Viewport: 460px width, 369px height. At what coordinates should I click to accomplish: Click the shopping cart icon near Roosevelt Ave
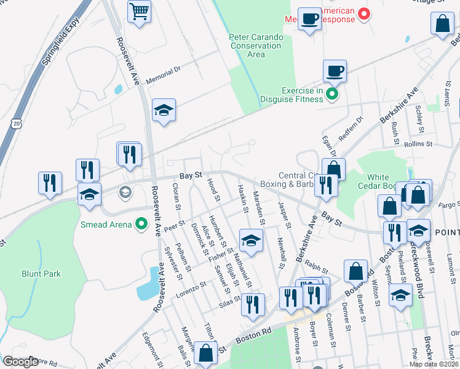click(x=140, y=11)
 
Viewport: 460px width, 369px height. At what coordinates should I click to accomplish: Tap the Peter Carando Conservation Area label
click(x=256, y=46)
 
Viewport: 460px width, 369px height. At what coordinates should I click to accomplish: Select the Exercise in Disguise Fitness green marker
click(x=332, y=94)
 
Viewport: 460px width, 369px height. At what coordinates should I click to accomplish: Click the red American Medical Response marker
click(x=364, y=13)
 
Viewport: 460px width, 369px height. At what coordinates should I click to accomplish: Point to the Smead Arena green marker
click(x=141, y=224)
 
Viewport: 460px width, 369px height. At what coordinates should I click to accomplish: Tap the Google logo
click(x=20, y=362)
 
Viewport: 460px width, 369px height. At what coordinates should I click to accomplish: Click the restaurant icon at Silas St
click(x=252, y=304)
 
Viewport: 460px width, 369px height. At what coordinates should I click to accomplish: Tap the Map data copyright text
click(x=432, y=363)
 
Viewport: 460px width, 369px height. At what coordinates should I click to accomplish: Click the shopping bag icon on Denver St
click(x=356, y=270)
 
